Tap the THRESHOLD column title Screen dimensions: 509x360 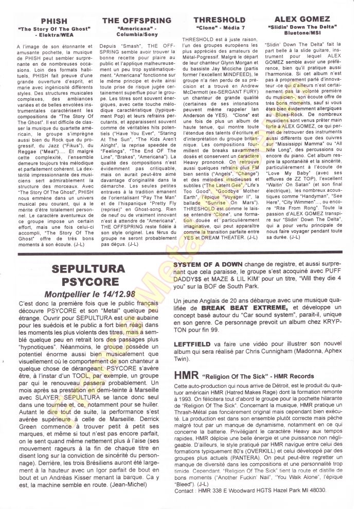215,21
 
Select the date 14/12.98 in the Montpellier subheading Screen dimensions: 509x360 115,295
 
